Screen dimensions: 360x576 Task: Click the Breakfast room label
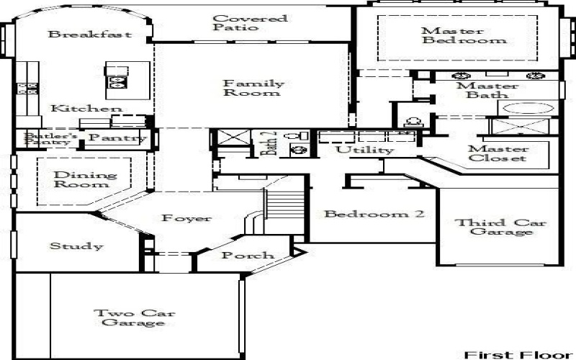coord(89,34)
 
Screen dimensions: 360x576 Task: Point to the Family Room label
coord(253,88)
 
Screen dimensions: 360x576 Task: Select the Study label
coord(76,246)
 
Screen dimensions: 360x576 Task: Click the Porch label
coord(247,256)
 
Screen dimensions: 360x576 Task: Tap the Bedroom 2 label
coord(374,214)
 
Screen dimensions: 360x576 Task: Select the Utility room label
coord(366,150)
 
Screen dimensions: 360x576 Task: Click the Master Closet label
coord(497,153)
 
